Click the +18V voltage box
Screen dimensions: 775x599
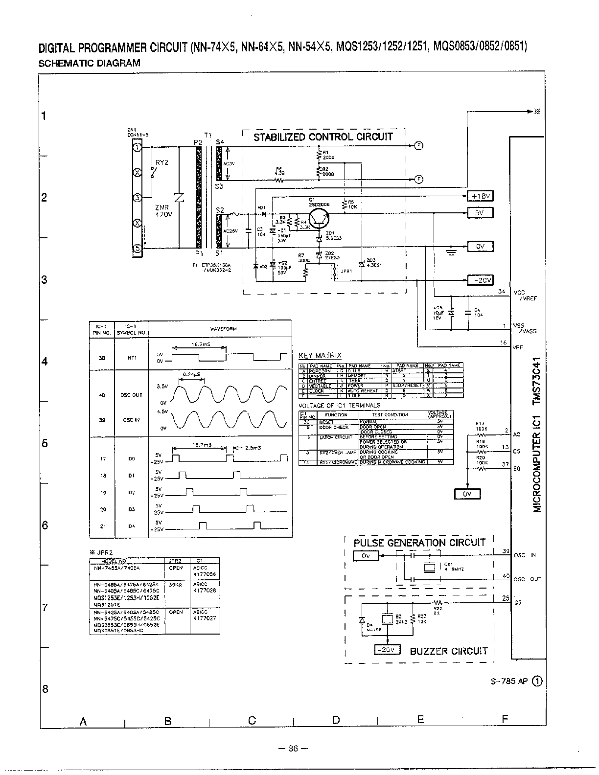click(x=480, y=196)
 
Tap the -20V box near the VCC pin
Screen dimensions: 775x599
click(x=480, y=280)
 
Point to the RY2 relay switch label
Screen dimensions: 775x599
click(x=161, y=162)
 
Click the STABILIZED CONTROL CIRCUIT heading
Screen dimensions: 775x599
click(x=323, y=137)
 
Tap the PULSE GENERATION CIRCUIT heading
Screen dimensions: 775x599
click(x=419, y=542)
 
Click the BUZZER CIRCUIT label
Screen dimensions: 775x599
click(x=448, y=651)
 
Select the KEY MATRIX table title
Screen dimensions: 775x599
click(x=320, y=356)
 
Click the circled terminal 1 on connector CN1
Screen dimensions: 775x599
click(x=138, y=147)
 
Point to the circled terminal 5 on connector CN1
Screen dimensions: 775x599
click(x=138, y=249)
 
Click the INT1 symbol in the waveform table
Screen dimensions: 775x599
click(x=131, y=358)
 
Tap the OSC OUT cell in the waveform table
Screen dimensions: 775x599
click(x=131, y=395)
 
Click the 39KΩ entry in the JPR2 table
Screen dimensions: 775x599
click(x=175, y=585)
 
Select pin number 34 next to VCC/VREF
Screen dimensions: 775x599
click(x=501, y=292)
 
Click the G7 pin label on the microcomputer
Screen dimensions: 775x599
click(x=517, y=603)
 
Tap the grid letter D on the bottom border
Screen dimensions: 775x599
click(x=336, y=720)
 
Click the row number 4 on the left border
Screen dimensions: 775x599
click(x=44, y=362)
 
